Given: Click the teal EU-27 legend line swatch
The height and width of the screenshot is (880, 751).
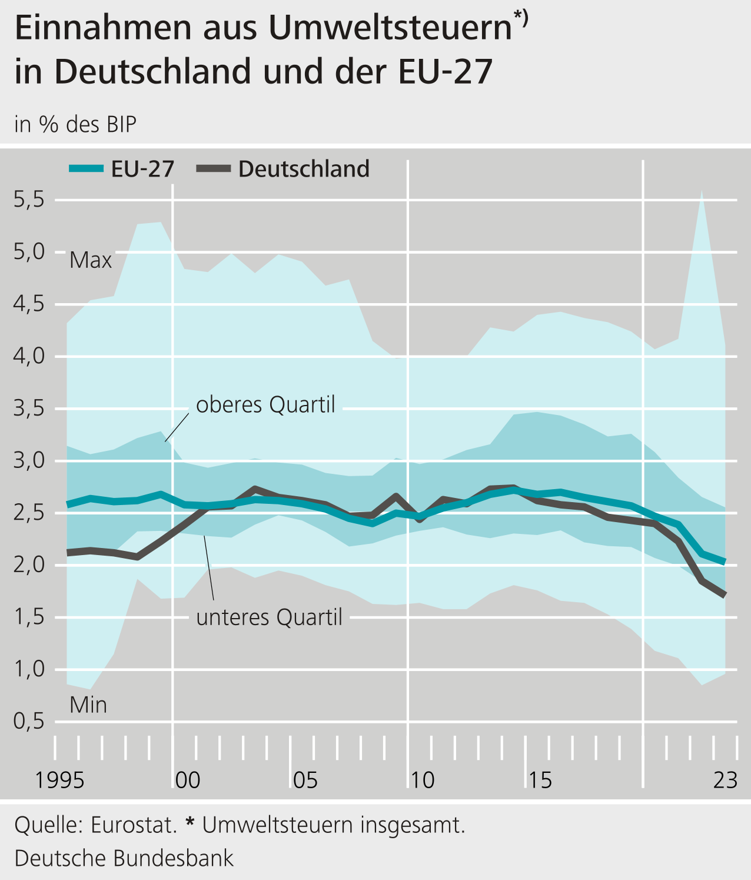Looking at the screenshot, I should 86,169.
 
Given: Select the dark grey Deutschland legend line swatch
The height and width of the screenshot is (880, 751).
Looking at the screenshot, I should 213,169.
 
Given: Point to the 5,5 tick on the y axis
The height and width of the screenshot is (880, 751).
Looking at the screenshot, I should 29,200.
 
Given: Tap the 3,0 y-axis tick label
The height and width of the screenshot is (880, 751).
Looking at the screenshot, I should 29,460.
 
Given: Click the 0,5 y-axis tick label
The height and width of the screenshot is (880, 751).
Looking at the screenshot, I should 29,721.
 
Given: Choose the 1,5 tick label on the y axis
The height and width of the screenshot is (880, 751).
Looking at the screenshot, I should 29,617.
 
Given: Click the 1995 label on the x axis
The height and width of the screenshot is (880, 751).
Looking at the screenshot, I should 59,781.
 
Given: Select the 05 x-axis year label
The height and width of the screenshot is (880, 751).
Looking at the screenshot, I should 305,781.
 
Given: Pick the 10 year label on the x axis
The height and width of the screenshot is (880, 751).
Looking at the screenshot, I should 422,781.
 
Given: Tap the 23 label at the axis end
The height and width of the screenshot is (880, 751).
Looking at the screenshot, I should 725,781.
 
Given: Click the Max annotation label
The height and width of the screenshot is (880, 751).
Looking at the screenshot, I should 91,260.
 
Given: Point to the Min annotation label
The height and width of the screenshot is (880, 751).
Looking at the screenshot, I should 88,705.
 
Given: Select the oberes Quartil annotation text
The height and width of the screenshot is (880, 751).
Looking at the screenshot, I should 265,405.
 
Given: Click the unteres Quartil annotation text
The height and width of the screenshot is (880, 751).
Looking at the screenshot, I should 269,617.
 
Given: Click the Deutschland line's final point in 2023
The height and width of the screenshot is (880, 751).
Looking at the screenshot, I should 725,596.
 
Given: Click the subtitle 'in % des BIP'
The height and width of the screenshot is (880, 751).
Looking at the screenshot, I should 75,125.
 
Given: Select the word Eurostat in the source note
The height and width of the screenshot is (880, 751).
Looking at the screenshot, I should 134,825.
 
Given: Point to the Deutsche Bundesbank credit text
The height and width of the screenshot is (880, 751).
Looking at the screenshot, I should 124,858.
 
